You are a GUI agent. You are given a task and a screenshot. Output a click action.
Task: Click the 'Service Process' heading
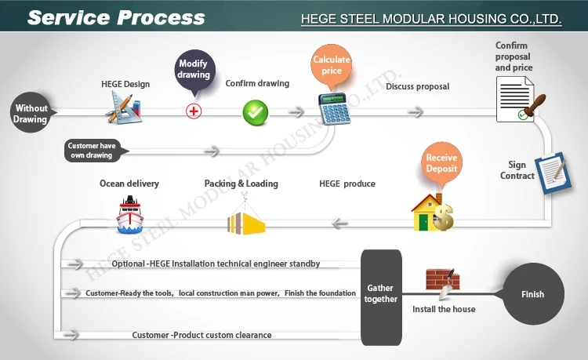point(116,17)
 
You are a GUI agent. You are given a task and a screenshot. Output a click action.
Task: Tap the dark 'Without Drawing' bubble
point(31,112)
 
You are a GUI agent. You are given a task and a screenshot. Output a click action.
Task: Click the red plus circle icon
point(194,111)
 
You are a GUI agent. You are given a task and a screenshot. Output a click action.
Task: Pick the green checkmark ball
point(256,112)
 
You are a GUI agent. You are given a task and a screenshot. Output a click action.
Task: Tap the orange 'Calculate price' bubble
point(331,67)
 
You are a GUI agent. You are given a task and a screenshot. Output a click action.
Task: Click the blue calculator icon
point(335,109)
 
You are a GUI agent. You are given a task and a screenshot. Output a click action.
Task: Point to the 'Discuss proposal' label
point(417,86)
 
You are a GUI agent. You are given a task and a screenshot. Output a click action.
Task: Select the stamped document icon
point(520,100)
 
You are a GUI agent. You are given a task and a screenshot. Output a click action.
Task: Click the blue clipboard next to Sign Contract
point(553,173)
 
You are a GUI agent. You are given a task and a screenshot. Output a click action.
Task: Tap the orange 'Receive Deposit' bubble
point(441,163)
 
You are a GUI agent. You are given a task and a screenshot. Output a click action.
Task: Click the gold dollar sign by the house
point(444,217)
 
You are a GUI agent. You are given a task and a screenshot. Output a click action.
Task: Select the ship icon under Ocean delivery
point(129,215)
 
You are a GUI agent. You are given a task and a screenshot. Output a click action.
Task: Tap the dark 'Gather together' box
point(381,297)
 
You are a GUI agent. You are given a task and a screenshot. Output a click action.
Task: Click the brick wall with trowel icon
point(443,283)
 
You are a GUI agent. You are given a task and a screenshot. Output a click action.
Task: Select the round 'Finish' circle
point(533,294)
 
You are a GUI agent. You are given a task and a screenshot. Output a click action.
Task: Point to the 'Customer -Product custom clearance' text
point(201,335)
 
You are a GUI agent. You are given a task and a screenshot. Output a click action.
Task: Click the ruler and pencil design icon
point(124,108)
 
